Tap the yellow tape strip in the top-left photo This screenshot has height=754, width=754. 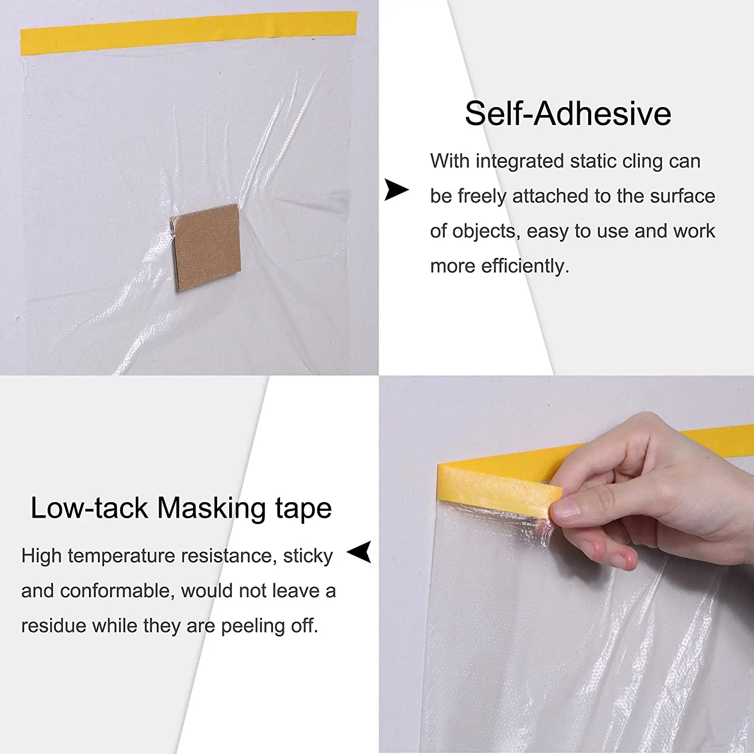pyautogui.click(x=189, y=32)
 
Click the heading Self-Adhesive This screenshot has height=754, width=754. pyautogui.click(x=568, y=114)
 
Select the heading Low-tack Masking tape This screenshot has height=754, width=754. pyautogui.click(x=181, y=508)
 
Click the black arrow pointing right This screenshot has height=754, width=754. pyautogui.click(x=396, y=190)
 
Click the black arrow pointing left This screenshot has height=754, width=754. pyautogui.click(x=360, y=552)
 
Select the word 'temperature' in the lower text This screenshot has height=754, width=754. pyautogui.click(x=122, y=556)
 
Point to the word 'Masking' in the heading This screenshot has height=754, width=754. pyautogui.click(x=211, y=508)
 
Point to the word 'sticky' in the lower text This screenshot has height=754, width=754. pyautogui.click(x=308, y=556)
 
